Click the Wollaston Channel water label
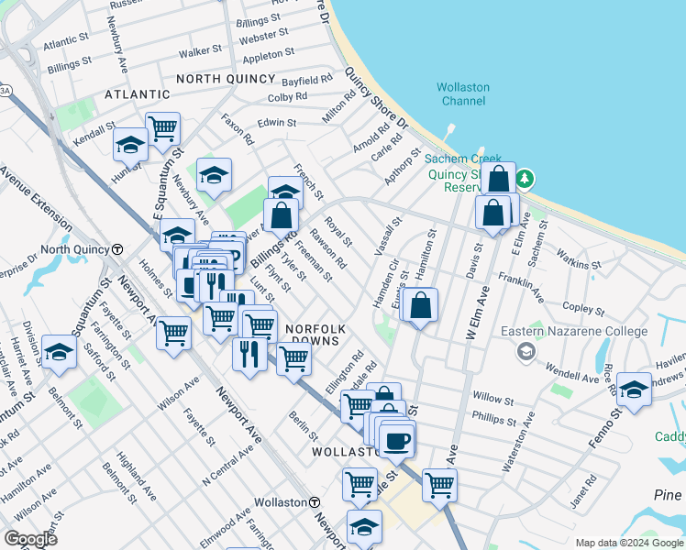click(x=463, y=93)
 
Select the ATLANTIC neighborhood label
click(x=138, y=94)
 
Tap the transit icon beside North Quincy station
click(x=117, y=249)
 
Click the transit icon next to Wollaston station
click(x=314, y=502)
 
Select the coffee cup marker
click(x=396, y=440)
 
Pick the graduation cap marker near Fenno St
click(x=634, y=389)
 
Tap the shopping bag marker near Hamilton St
click(x=420, y=306)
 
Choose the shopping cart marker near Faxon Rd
click(x=162, y=128)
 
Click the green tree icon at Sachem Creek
click(x=528, y=177)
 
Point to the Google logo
click(x=30, y=539)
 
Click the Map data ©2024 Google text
click(x=629, y=543)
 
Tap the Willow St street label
click(x=493, y=397)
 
